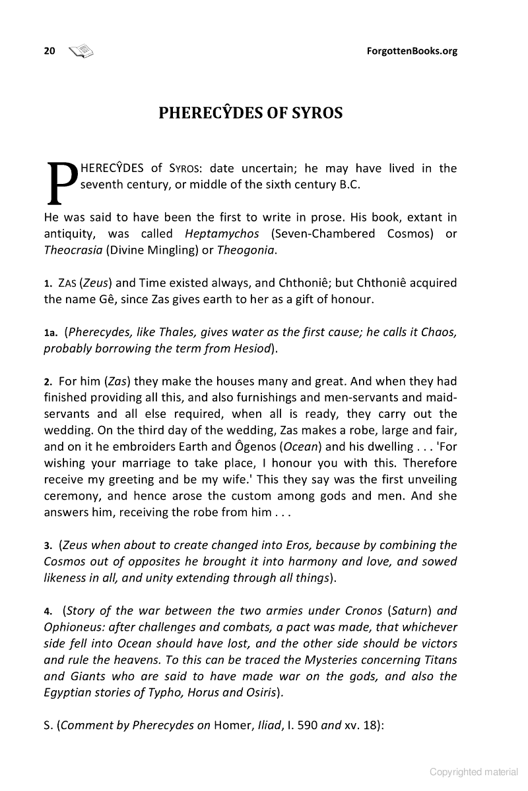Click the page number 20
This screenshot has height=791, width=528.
click(x=49, y=51)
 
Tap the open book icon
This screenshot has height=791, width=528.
click(x=82, y=51)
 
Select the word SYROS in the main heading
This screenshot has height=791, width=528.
click(x=318, y=113)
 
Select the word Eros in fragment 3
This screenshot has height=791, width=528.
click(x=300, y=545)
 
